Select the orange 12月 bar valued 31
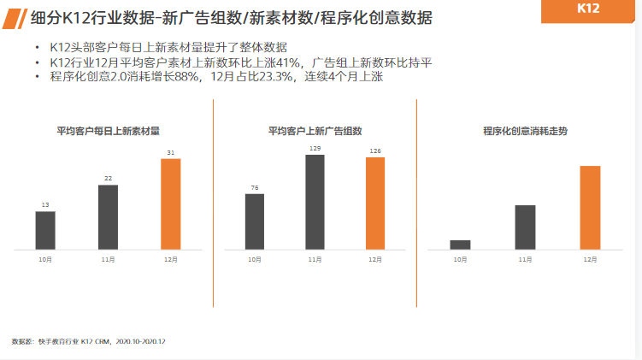[171, 204]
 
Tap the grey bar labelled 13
[45, 230]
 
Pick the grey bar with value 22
[108, 217]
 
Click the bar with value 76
[255, 221]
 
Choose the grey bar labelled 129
[315, 202]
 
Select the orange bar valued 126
[375, 204]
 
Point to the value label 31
[171, 153]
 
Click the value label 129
[315, 149]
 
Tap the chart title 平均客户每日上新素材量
[108, 131]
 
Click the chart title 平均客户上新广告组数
[315, 131]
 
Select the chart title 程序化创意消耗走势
[525, 131]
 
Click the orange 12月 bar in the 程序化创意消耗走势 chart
[590, 208]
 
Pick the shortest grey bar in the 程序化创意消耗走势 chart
[461, 245]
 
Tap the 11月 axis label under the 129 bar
[315, 258]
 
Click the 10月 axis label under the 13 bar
[45, 258]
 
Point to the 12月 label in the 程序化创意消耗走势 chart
[590, 258]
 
